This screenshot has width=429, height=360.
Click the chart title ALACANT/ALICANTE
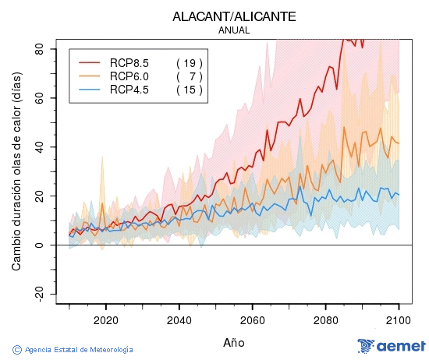234,16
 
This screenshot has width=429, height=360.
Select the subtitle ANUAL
234,30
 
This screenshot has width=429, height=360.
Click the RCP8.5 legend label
129,62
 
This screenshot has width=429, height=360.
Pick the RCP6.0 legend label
129,76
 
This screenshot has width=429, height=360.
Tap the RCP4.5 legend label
129,90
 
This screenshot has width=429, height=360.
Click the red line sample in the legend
90,62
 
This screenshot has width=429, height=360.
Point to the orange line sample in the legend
90,76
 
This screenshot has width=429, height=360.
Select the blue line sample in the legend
90,90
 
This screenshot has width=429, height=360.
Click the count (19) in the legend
190,62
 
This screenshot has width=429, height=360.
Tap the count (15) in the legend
190,90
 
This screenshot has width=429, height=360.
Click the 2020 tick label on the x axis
105,319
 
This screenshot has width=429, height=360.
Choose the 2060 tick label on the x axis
252,319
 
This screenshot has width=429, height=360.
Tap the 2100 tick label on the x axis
399,319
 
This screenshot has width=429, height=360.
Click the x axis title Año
234,342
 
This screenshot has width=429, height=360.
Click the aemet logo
391,347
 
